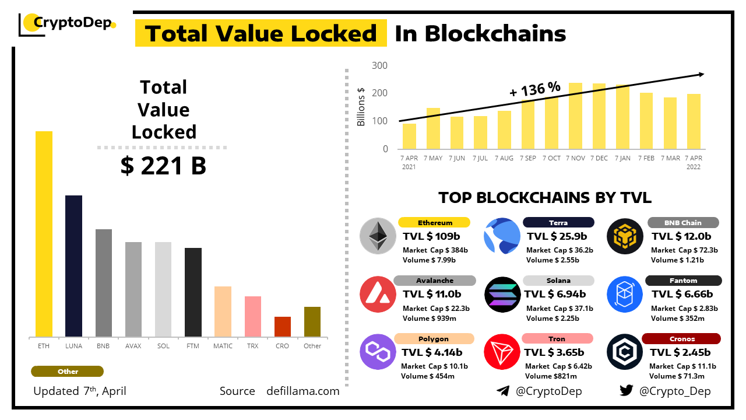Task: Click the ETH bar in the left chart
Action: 44,234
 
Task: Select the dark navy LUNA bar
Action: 73,266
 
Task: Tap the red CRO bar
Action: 282,327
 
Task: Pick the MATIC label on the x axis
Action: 223,346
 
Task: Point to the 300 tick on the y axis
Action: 379,65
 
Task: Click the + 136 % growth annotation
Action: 534,90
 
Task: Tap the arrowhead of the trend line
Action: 701,74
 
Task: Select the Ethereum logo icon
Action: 378,236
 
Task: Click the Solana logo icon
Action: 502,295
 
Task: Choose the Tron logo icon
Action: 502,352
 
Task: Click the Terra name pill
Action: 558,222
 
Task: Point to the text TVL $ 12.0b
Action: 681,236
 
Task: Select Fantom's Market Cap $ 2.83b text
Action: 684,308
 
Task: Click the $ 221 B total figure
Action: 163,166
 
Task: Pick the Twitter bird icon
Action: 626,391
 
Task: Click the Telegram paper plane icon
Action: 503,391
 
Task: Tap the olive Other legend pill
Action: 68,372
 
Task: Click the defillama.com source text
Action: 302,391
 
